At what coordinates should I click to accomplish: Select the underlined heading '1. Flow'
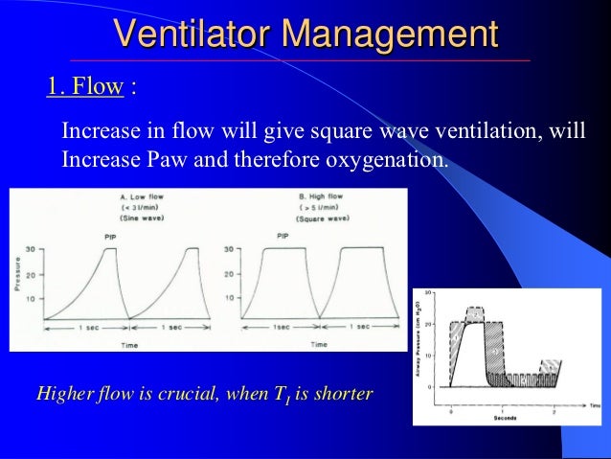tap(85, 88)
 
